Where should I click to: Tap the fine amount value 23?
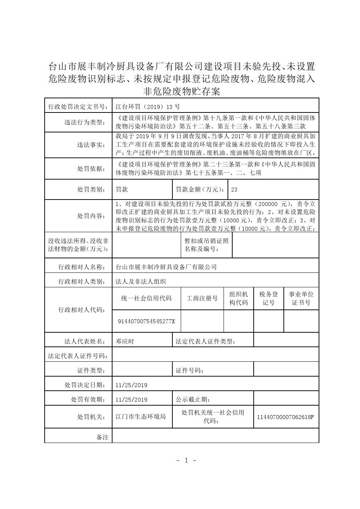click(x=234, y=189)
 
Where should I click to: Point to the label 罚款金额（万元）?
click(x=200, y=189)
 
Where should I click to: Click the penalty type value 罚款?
click(x=122, y=189)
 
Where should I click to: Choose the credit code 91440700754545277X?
click(x=147, y=321)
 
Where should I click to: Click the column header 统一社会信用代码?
click(x=146, y=298)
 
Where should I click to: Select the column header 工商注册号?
click(x=202, y=298)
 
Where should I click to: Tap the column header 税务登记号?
click(x=269, y=298)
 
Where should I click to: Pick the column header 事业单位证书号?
click(x=301, y=298)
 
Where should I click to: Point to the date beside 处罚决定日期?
click(x=131, y=385)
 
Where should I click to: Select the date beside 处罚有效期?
click(x=131, y=399)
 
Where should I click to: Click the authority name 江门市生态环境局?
click(x=140, y=416)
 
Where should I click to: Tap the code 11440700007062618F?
click(x=285, y=417)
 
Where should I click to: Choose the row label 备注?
click(x=102, y=437)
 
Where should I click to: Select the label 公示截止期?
click(x=193, y=399)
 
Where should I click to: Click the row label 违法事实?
click(x=90, y=144)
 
